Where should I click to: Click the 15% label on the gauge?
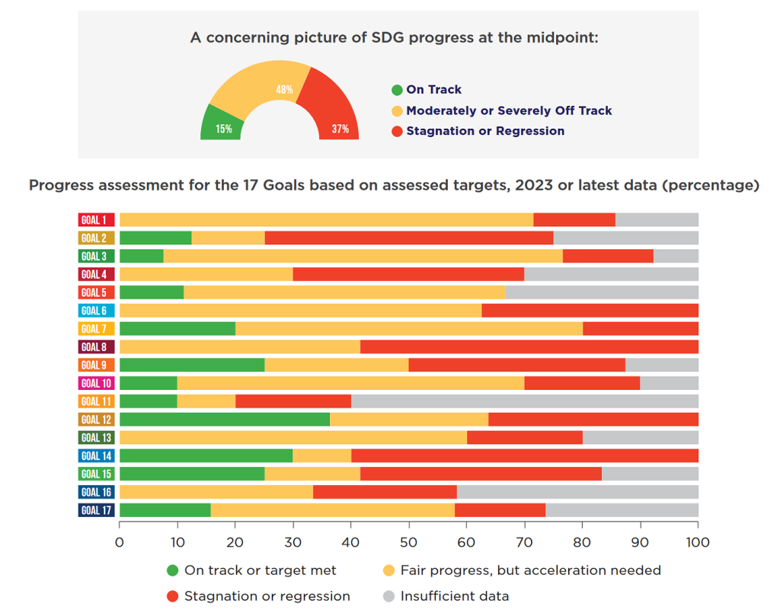coord(224,129)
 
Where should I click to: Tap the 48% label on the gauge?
coord(285,90)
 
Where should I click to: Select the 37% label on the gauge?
coord(340,129)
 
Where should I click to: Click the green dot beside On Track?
coord(397,90)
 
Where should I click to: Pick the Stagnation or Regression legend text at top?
coord(485,131)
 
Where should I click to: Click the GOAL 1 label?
coord(97,220)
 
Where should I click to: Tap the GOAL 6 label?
coord(97,311)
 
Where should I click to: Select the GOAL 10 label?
coord(97,383)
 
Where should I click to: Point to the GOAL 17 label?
coord(97,510)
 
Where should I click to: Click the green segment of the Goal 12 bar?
coord(225,420)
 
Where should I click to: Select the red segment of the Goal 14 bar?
coord(525,456)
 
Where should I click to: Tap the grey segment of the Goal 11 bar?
coord(525,401)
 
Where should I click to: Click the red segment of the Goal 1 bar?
coord(574,220)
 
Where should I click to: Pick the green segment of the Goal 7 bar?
coord(177,329)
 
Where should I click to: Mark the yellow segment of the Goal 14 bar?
coord(322,456)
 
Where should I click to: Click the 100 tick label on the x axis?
coord(698,542)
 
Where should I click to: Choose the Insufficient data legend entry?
coord(446,596)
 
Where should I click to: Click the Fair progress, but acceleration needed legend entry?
coord(522,570)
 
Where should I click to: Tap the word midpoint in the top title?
coord(563,38)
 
